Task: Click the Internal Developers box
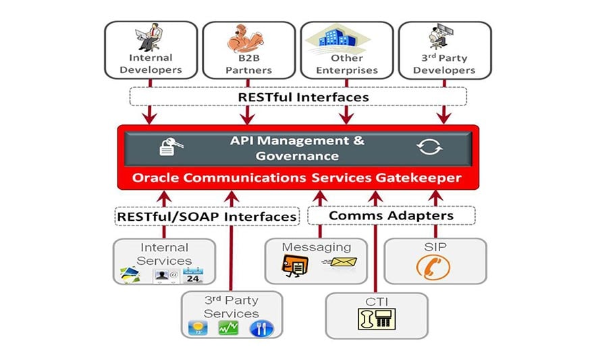[x=151, y=50]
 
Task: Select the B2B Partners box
[x=248, y=50]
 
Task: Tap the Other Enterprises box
[x=346, y=50]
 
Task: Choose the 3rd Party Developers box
[x=444, y=50]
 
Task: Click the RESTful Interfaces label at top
[x=303, y=97]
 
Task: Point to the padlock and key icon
[x=169, y=147]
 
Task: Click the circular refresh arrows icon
[x=430, y=147]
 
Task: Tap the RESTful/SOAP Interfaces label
[x=206, y=216]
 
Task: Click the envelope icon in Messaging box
[x=342, y=262]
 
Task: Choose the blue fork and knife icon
[x=262, y=329]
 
